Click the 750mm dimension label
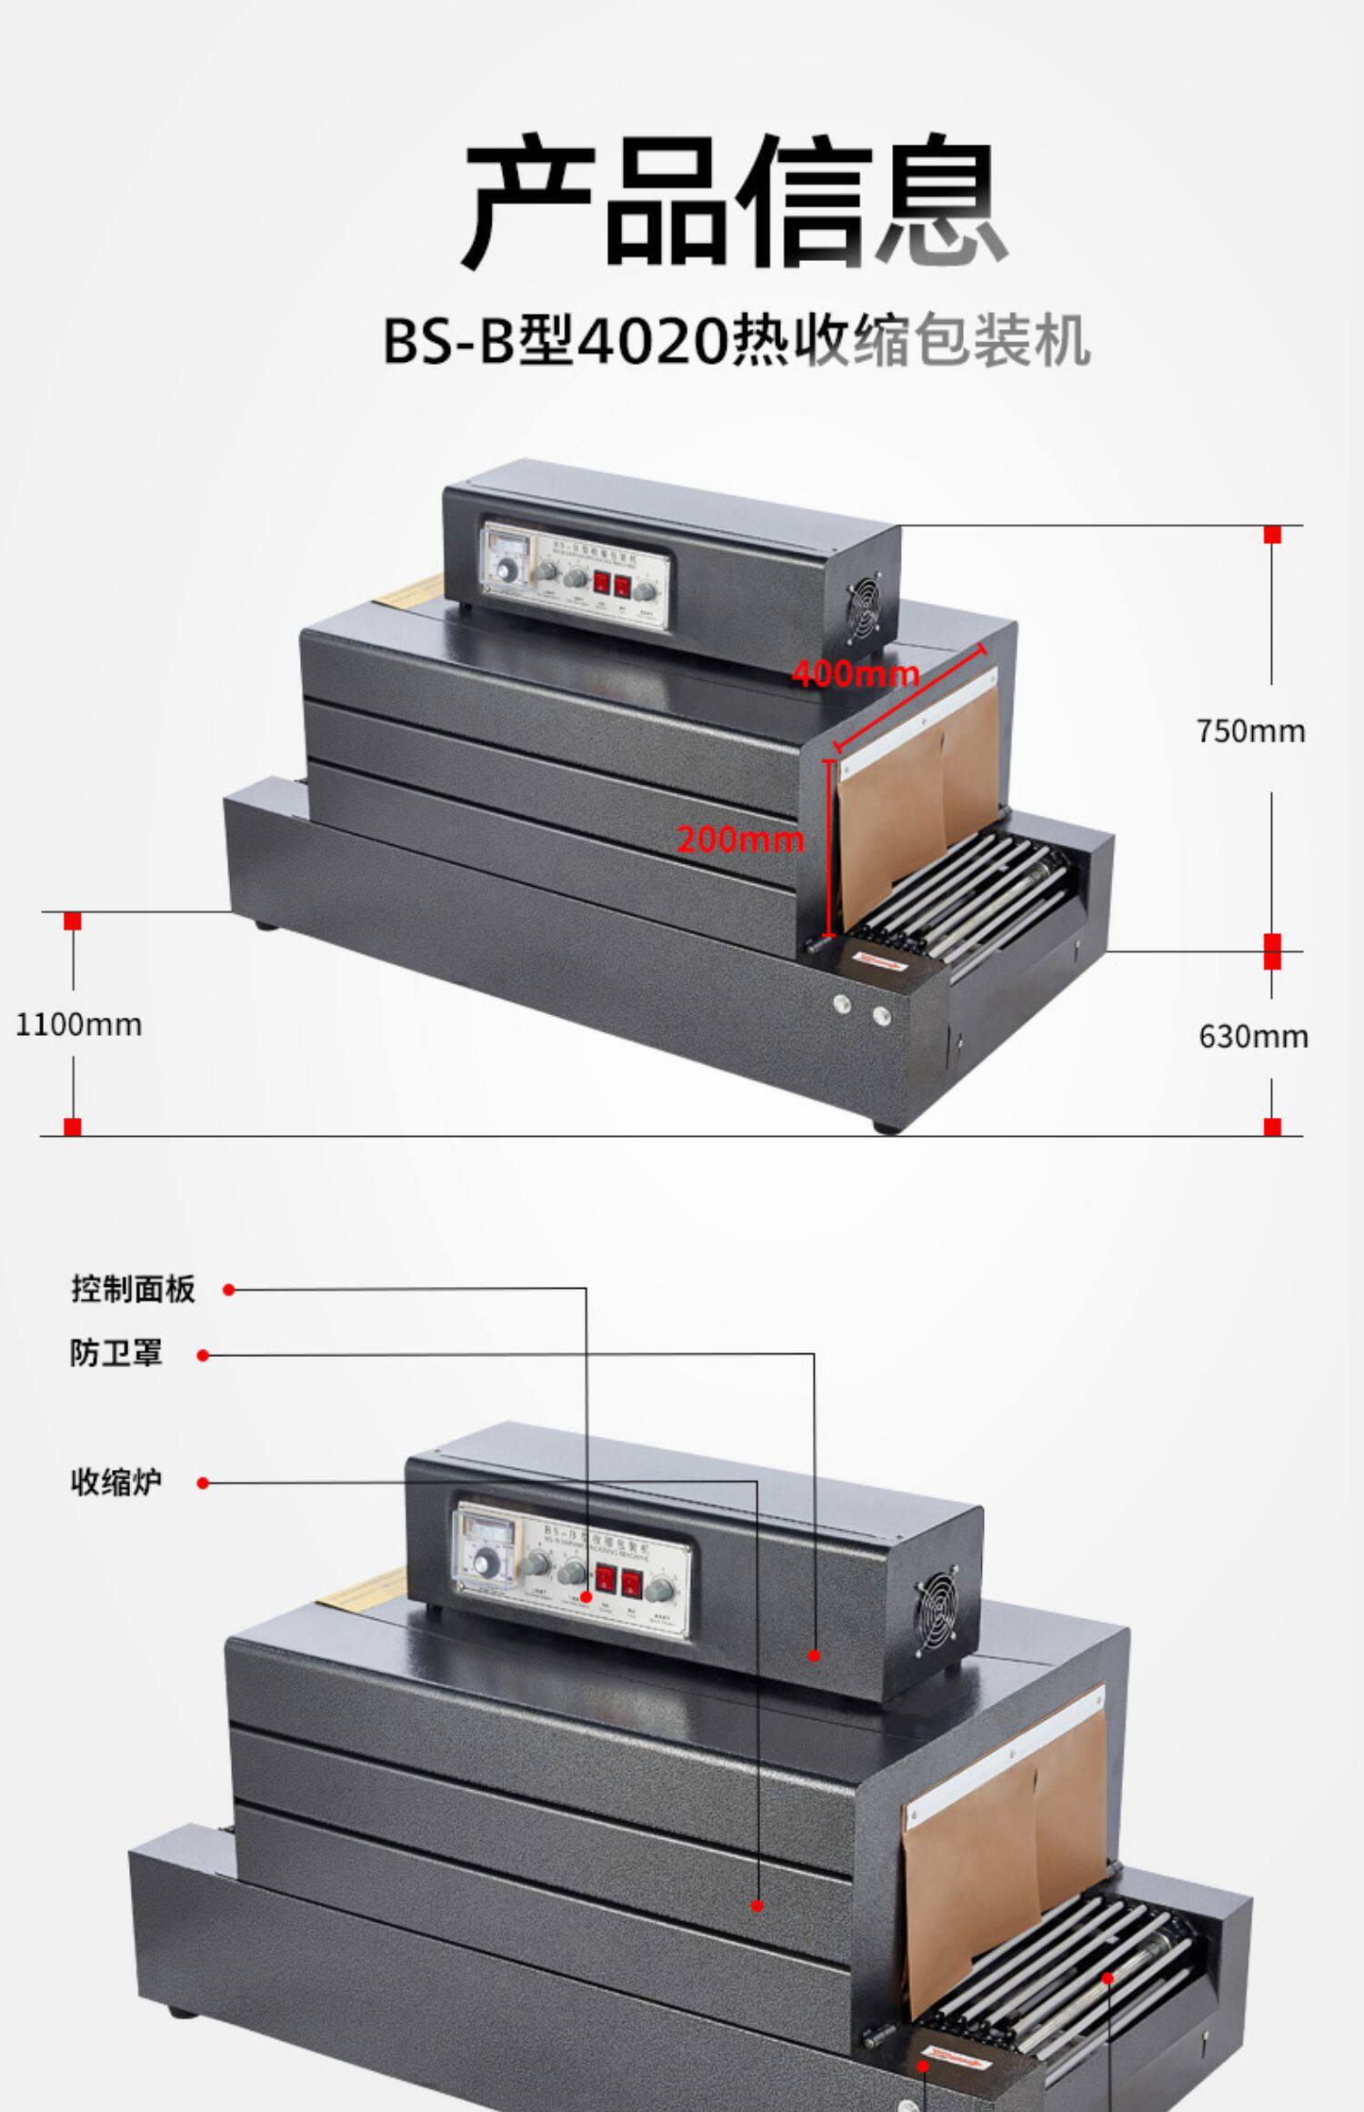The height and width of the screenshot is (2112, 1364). pyautogui.click(x=1250, y=731)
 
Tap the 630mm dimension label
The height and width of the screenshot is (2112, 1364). pyautogui.click(x=1252, y=1036)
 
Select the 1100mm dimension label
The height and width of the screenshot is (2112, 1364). pyautogui.click(x=79, y=1025)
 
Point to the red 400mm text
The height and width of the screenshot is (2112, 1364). pyautogui.click(x=855, y=674)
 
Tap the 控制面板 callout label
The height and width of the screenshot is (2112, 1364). pyautogui.click(x=134, y=1289)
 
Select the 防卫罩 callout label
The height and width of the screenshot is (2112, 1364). pyautogui.click(x=116, y=1353)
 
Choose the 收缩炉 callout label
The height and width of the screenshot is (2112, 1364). pyautogui.click(x=116, y=1482)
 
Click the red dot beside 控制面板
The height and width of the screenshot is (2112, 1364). pyautogui.click(x=229, y=1290)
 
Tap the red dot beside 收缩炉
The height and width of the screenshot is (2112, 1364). pyautogui.click(x=203, y=1483)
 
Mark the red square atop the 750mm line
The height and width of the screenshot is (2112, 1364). pyautogui.click(x=1272, y=534)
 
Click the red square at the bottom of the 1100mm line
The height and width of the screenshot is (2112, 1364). pyautogui.click(x=73, y=1127)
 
